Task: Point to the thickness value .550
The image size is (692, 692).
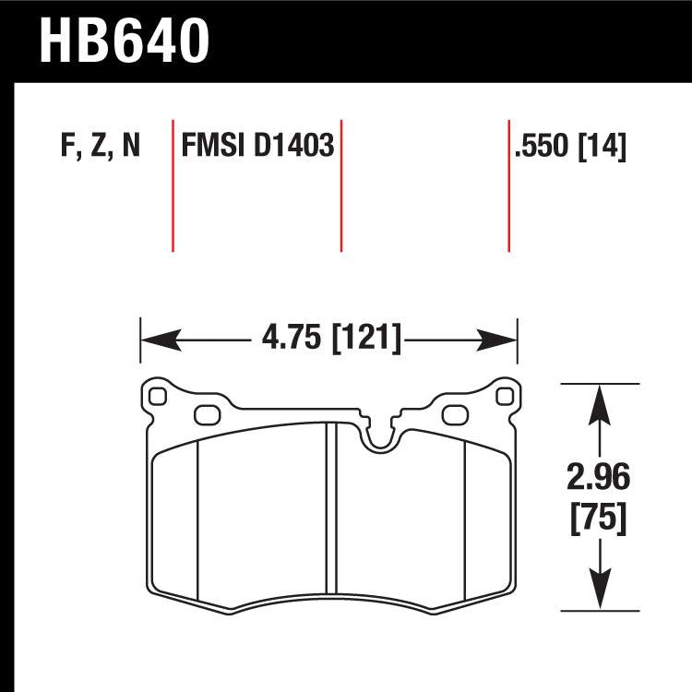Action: [543, 147]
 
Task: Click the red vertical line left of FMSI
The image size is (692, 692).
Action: [173, 185]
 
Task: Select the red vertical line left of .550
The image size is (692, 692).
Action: [508, 185]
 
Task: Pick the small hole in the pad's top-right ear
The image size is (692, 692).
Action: [503, 397]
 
